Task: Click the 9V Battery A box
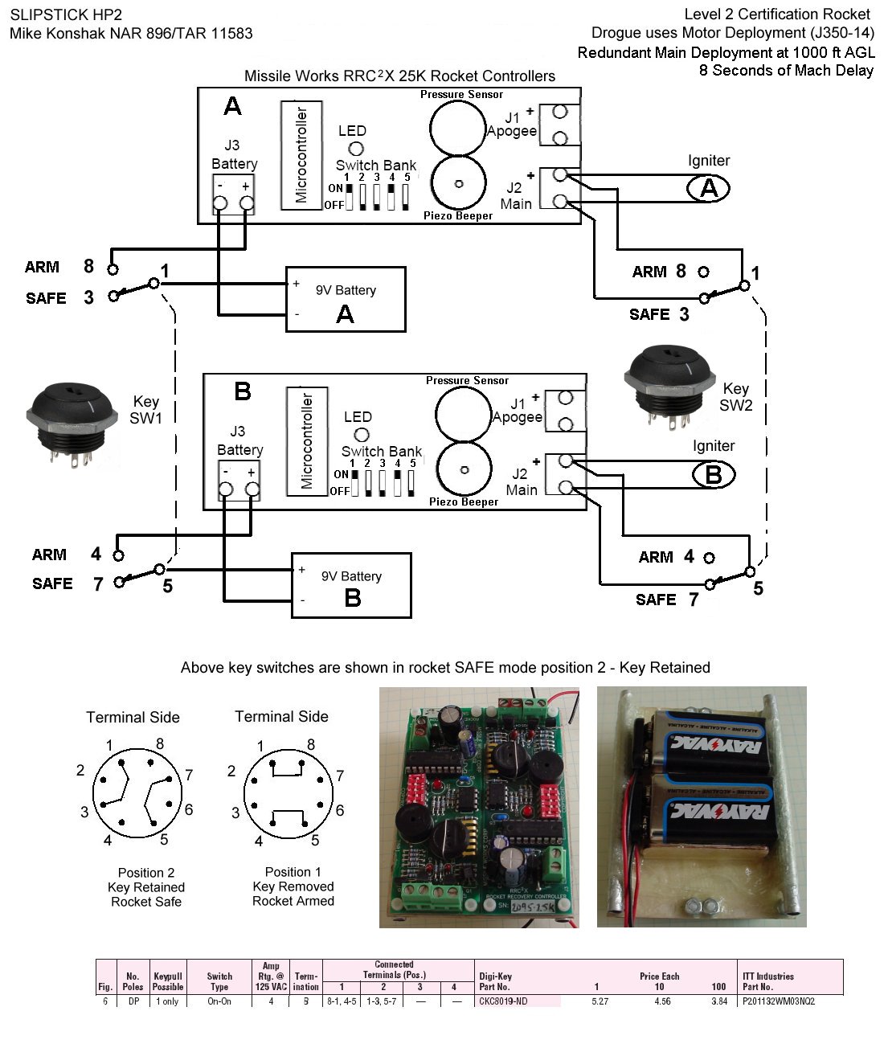click(346, 300)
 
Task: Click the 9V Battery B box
click(351, 586)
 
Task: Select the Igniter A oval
click(708, 188)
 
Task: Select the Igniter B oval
click(713, 475)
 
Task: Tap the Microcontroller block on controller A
click(301, 155)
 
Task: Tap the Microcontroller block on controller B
click(306, 441)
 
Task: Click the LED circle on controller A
click(354, 148)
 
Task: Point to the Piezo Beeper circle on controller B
click(464, 469)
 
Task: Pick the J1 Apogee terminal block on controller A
click(560, 125)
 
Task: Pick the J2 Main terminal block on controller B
click(565, 474)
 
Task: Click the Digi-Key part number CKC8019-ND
click(505, 1001)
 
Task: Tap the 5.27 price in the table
click(600, 1001)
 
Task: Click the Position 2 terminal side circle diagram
click(134, 794)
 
